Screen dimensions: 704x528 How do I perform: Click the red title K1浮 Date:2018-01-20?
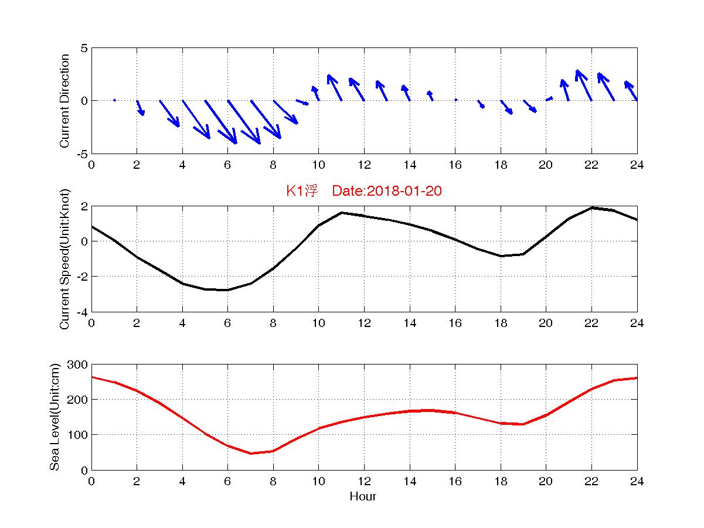(x=363, y=190)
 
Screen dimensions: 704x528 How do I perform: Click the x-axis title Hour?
(x=363, y=496)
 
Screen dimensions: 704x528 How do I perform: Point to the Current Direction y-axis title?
(x=64, y=101)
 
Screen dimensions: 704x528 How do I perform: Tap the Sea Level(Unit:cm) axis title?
(x=55, y=417)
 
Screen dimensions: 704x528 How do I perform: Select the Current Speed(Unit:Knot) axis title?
(x=64, y=259)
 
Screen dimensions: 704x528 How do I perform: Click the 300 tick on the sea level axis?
(x=77, y=365)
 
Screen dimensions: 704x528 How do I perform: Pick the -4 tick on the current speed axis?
(x=82, y=312)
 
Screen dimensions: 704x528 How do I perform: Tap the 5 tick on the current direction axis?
(x=84, y=48)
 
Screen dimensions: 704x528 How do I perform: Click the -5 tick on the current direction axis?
(x=82, y=154)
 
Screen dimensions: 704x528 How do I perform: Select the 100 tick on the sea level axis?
(x=77, y=435)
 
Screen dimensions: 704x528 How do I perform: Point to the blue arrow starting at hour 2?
(x=141, y=108)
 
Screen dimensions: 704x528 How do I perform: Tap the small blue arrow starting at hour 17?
(x=481, y=104)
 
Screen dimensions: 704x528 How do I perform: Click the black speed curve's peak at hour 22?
(x=591, y=207)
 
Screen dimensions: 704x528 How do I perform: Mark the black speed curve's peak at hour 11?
(x=342, y=213)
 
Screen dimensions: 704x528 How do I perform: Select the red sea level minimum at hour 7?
(x=251, y=454)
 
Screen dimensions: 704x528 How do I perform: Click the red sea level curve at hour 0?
(x=92, y=377)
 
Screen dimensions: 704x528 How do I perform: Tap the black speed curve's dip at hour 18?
(x=501, y=256)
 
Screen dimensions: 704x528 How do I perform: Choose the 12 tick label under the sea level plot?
(x=364, y=481)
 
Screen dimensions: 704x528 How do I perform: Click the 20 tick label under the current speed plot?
(x=546, y=323)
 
